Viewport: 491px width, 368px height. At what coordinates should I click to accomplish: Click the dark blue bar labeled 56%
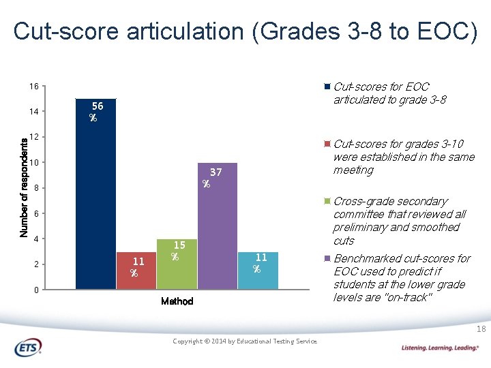click(x=95, y=204)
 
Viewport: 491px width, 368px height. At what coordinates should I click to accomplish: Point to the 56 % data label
click(x=96, y=112)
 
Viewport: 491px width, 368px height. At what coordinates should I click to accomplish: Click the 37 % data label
click(x=212, y=178)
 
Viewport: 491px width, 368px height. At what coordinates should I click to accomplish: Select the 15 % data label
click(x=177, y=250)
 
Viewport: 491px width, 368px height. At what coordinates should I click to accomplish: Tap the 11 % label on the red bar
click(x=137, y=266)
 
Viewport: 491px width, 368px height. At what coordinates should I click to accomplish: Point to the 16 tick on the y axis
click(x=33, y=87)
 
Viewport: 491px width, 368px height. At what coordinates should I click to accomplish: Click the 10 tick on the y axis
click(x=33, y=163)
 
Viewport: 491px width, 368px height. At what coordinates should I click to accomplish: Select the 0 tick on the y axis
click(x=35, y=290)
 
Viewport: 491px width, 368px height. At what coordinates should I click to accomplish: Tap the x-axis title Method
click(x=177, y=301)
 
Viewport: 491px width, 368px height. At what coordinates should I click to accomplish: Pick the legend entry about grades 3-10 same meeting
click(x=403, y=157)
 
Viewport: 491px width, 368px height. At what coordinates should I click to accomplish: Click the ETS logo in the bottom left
click(x=28, y=348)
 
